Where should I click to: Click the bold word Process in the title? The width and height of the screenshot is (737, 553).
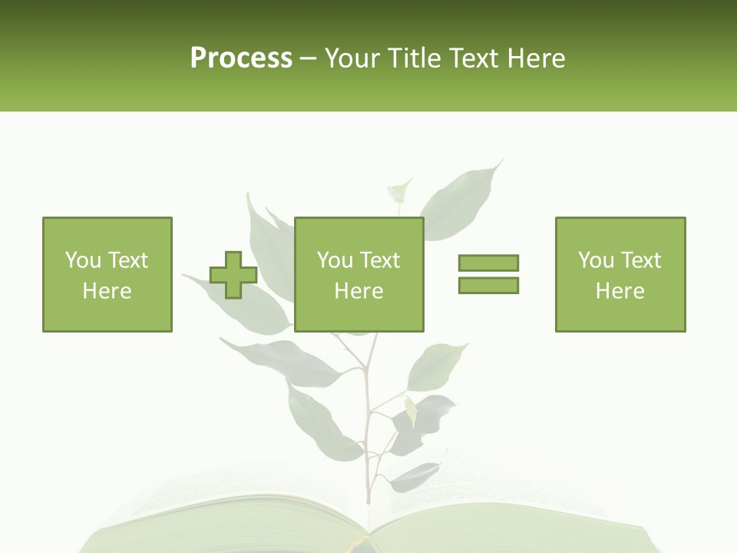[241, 58]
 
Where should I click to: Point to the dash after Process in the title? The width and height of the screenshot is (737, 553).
[308, 59]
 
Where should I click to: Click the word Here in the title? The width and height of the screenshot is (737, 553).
[534, 58]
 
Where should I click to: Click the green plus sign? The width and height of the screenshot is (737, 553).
[233, 275]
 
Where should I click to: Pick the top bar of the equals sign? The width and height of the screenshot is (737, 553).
[488, 263]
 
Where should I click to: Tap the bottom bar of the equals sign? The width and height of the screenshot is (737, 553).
[488, 285]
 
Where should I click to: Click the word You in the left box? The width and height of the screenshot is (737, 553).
[82, 260]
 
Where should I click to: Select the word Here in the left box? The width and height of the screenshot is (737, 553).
[107, 291]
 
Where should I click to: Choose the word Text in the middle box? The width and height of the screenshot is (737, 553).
[378, 260]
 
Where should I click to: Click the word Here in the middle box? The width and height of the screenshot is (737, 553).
[359, 291]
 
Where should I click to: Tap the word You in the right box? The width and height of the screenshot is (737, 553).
[596, 260]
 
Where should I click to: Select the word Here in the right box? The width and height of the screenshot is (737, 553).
[620, 291]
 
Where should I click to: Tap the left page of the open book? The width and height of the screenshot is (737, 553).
[230, 526]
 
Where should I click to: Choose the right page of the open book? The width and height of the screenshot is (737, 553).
[507, 526]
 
